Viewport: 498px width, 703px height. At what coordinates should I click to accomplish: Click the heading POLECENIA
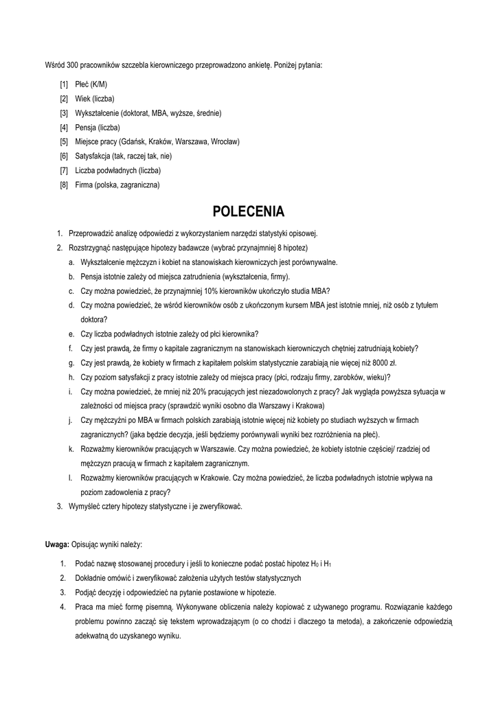[249, 211]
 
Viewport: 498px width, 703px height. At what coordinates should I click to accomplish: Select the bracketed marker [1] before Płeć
[64, 84]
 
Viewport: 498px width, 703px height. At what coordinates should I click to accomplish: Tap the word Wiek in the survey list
[82, 99]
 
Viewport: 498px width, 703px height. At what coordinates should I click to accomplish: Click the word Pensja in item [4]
[85, 128]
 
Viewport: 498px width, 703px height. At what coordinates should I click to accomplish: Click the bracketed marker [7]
[64, 170]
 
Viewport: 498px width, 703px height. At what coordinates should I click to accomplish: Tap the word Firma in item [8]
[84, 185]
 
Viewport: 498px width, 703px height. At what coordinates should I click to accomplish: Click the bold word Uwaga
[56, 544]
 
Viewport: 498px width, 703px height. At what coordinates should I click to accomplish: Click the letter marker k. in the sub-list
[71, 449]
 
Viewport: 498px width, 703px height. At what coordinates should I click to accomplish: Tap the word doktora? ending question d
[93, 319]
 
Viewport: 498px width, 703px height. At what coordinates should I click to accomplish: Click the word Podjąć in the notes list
[86, 592]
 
